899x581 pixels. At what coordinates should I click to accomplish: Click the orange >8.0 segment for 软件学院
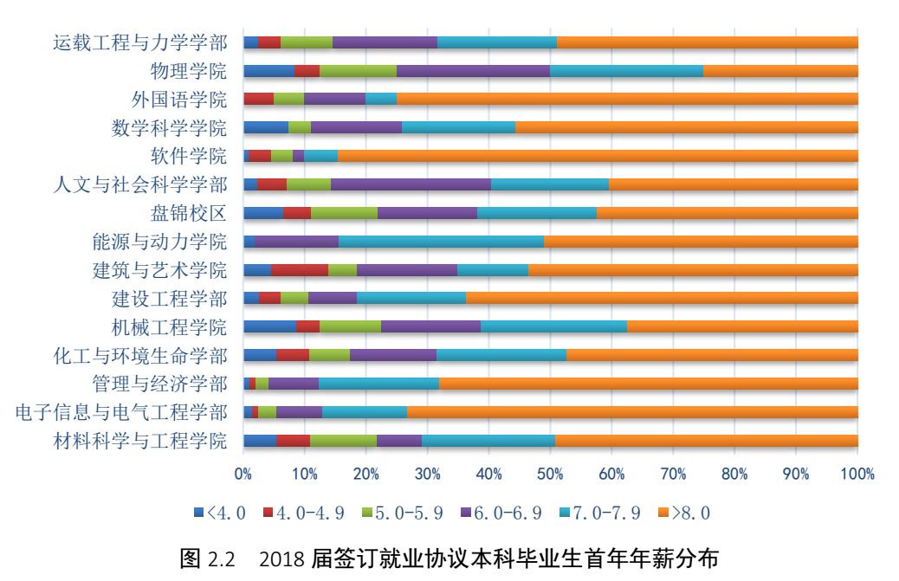click(x=598, y=156)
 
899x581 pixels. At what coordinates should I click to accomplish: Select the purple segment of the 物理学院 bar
click(x=473, y=71)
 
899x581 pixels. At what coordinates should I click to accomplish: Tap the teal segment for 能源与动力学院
click(x=441, y=242)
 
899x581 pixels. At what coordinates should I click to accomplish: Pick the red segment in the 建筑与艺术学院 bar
click(x=300, y=269)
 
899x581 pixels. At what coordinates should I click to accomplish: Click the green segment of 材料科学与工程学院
click(x=343, y=441)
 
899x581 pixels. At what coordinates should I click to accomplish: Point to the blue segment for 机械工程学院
click(x=269, y=326)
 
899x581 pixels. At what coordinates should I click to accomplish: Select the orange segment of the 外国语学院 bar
click(x=627, y=99)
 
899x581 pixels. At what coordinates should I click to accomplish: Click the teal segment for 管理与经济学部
click(x=378, y=384)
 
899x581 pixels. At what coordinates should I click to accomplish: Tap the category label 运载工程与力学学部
click(x=139, y=42)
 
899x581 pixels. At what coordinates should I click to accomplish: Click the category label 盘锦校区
click(x=188, y=213)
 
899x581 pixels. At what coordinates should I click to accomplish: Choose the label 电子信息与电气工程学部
click(x=122, y=412)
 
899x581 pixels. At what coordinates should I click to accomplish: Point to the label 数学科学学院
click(x=169, y=128)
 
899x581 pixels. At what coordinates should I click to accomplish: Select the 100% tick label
click(x=857, y=474)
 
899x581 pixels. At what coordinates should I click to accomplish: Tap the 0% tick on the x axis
click(x=243, y=474)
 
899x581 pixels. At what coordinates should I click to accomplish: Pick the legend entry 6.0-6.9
click(x=497, y=513)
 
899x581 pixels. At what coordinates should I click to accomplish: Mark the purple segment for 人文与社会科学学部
click(x=411, y=184)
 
